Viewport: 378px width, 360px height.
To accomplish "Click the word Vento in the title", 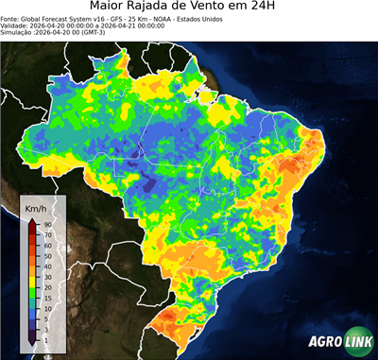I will (x=246, y=8).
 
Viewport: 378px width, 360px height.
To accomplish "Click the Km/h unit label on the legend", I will (x=37, y=207).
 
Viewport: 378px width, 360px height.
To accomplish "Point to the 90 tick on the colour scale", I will (x=46, y=223).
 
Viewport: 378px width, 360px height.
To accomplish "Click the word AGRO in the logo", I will (x=324, y=343).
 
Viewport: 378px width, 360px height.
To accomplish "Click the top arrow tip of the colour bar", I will (x=32, y=219).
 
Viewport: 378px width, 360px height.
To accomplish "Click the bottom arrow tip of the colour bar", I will (x=32, y=344).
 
